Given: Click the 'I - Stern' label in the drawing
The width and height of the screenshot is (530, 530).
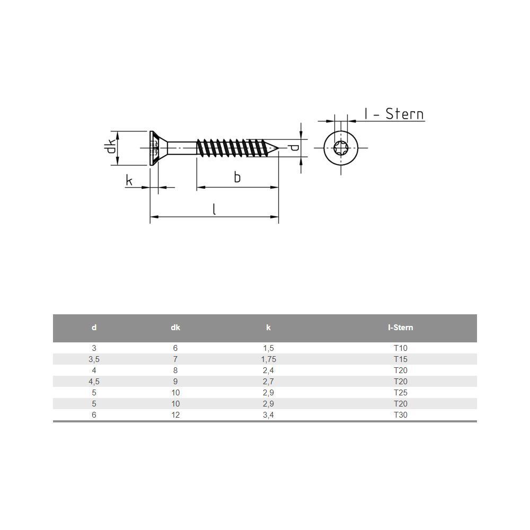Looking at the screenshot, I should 394,114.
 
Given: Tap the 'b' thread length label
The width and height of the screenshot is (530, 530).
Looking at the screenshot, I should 237,178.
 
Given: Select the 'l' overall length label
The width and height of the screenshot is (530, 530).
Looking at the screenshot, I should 214,209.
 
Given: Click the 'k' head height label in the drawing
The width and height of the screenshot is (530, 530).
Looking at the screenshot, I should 129,181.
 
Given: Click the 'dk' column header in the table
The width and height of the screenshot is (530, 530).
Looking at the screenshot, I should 175,328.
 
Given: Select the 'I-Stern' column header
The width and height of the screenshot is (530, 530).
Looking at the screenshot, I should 400,328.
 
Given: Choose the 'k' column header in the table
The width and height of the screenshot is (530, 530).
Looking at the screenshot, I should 268,328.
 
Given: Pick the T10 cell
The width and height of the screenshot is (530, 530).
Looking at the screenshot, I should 400,348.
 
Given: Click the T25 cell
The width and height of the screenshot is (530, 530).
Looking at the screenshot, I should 400,393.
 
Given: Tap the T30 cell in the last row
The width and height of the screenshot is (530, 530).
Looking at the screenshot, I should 400,415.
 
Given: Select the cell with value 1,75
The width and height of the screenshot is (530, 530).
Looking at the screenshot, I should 268,359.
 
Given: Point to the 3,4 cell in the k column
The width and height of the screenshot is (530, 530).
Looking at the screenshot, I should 268,415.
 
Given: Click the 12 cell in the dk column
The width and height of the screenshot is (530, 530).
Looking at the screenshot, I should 175,415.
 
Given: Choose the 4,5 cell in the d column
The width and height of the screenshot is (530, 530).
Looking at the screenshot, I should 94,382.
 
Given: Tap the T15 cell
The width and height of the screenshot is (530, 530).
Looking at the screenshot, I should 400,359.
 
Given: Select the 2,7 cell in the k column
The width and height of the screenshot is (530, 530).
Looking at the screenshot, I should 268,382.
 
